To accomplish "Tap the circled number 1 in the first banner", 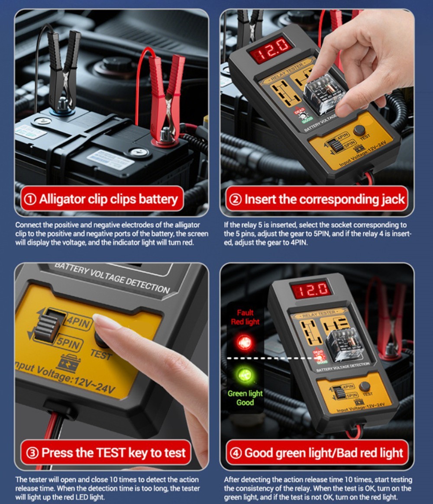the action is pyautogui.click(x=30, y=199).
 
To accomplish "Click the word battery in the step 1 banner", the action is pyautogui.click(x=158, y=199).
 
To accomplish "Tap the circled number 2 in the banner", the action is pyautogui.click(x=235, y=199).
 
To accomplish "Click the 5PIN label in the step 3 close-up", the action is pyautogui.click(x=68, y=343).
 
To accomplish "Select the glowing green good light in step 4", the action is pyautogui.click(x=245, y=375).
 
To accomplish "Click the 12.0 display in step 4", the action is pyautogui.click(x=310, y=290).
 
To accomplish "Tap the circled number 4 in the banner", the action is pyautogui.click(x=236, y=453).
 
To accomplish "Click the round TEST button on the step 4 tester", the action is pyautogui.click(x=364, y=386).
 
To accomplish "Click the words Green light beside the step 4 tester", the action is pyautogui.click(x=245, y=393).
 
